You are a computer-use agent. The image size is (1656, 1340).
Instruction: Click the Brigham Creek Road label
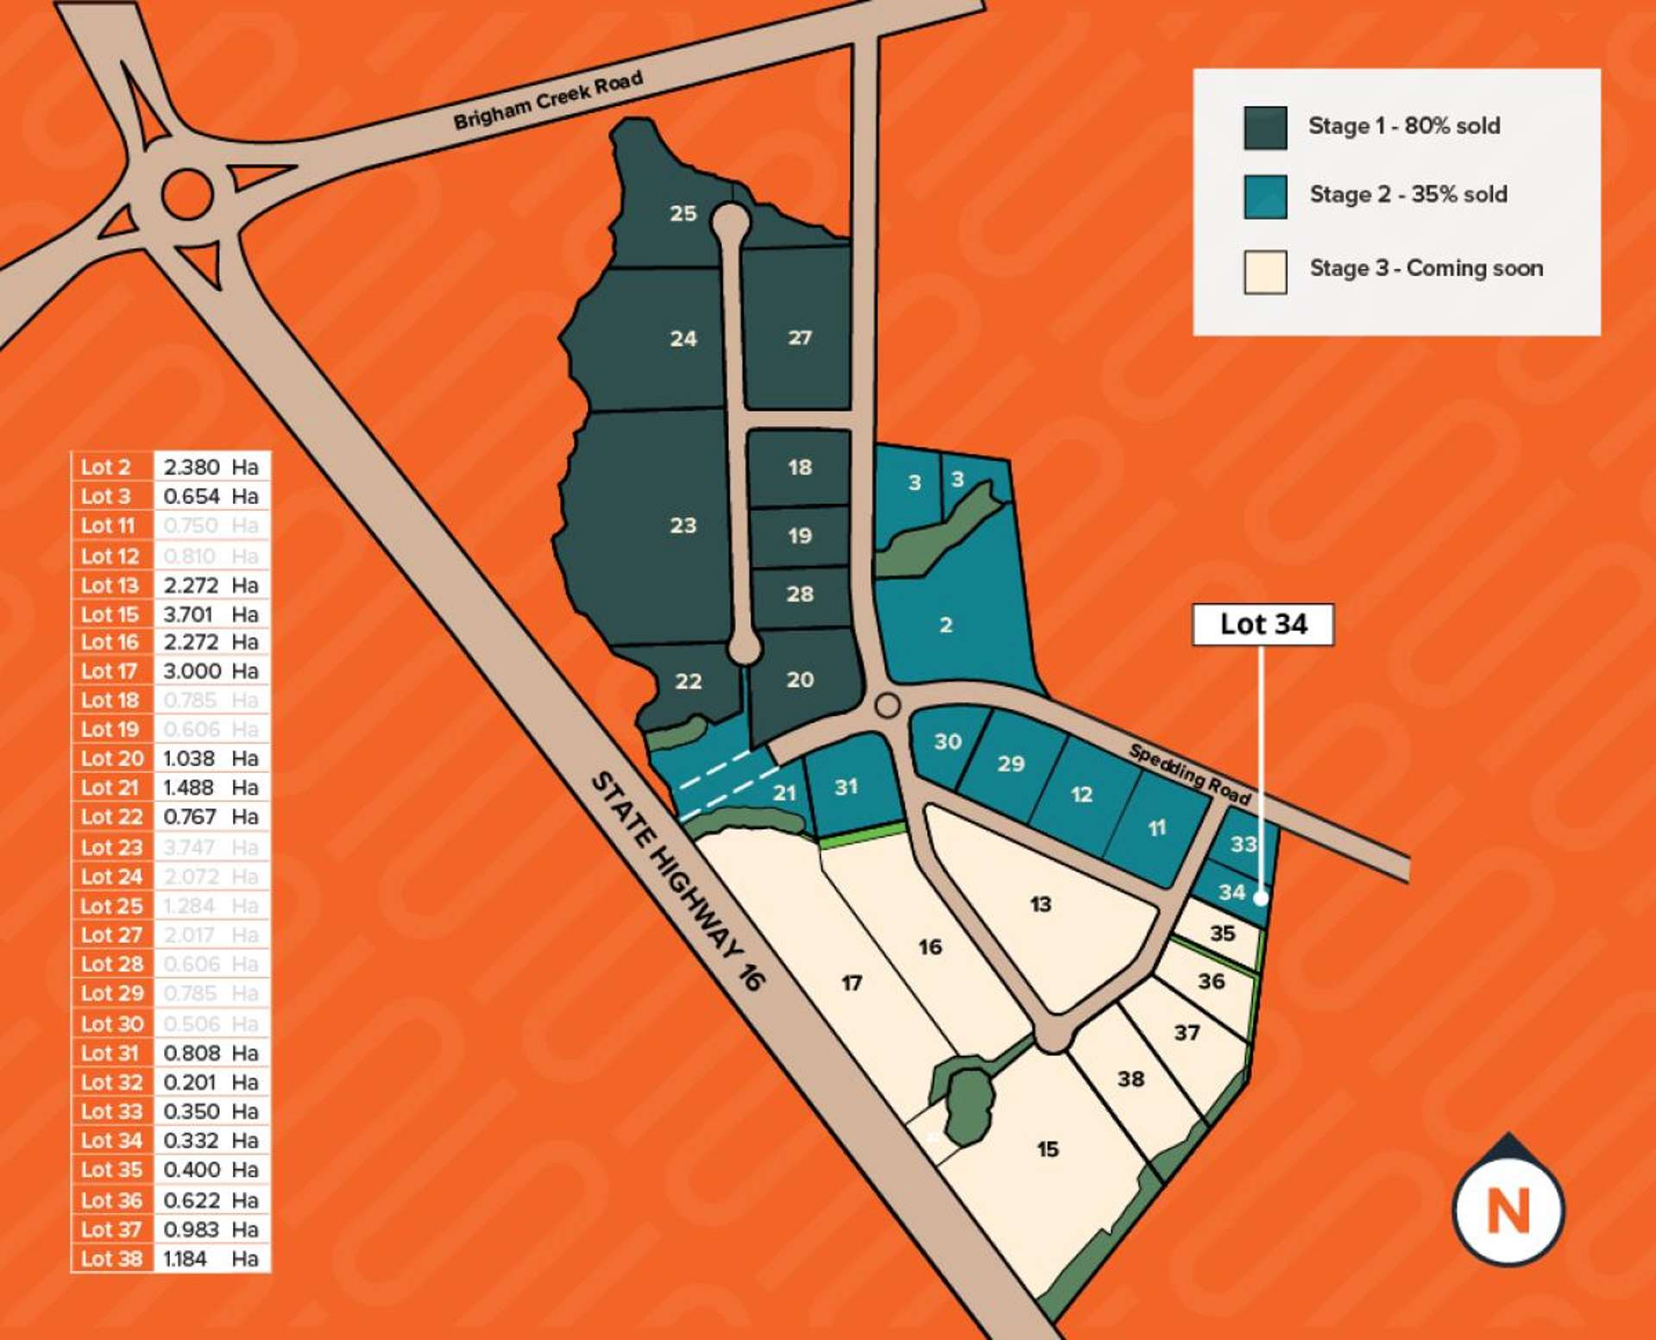(548, 100)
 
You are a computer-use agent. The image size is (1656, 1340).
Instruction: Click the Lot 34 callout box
(1262, 624)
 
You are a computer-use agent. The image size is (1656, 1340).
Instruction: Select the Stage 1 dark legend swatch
(1265, 128)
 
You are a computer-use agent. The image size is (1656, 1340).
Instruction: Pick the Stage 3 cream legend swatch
(1265, 272)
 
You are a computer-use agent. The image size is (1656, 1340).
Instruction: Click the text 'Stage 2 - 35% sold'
(1407, 194)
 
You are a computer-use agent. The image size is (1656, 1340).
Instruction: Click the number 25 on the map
(683, 213)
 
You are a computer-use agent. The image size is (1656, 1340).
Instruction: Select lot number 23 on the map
(683, 525)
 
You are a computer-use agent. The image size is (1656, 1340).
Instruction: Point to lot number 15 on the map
(1047, 1149)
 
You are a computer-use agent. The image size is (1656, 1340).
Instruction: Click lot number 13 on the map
(1040, 904)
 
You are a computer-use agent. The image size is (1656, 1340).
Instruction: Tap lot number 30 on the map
(948, 741)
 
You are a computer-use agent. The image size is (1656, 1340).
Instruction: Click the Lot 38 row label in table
(112, 1258)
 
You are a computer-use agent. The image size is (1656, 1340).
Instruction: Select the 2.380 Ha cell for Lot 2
(211, 467)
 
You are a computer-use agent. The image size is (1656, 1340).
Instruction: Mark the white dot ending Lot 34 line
(1260, 898)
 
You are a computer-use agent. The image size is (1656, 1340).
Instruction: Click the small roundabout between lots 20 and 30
(887, 706)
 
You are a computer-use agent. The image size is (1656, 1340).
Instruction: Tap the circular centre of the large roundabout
(187, 194)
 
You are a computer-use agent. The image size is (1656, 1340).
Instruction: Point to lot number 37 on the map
(1187, 1032)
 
